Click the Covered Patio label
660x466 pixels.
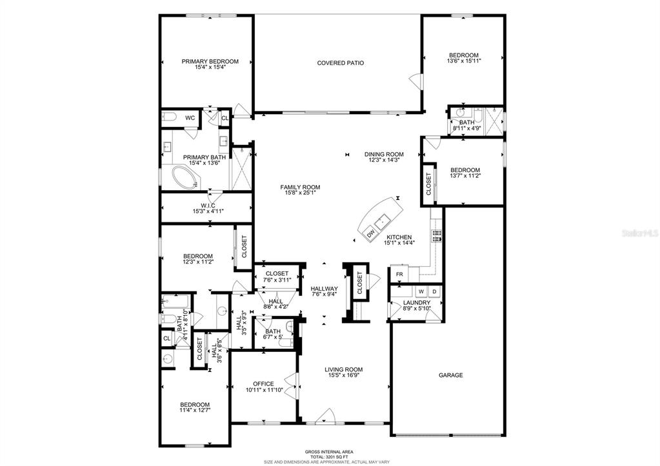coord(340,63)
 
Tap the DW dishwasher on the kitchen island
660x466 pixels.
coord(370,233)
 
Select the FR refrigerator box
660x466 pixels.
coord(399,275)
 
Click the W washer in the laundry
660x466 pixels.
coord(420,291)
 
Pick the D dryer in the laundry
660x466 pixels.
coord(435,291)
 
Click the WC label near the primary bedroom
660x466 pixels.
coord(190,118)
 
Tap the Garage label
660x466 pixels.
coord(450,375)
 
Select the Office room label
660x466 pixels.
coord(263,384)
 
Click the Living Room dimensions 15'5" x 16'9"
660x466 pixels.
coord(343,376)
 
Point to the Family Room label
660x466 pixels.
coord(300,187)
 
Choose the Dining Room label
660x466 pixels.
coord(384,154)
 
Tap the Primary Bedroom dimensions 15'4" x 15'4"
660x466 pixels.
coord(210,67)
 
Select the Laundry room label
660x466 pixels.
coord(417,303)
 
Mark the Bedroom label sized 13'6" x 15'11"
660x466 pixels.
coord(463,55)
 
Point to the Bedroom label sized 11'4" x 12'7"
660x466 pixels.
coord(195,405)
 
